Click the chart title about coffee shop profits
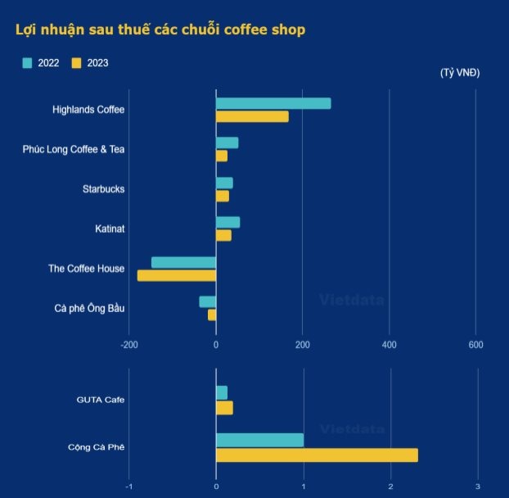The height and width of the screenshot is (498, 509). tap(160, 30)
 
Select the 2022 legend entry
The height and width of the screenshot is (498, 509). tap(41, 63)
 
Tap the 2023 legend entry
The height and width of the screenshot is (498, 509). tap(90, 63)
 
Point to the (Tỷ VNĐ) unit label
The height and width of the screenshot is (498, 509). tap(460, 73)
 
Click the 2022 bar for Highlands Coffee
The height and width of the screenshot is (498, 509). tap(273, 103)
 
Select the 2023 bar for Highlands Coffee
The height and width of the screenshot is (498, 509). tap(252, 116)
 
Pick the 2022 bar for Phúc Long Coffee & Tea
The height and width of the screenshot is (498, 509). tap(227, 143)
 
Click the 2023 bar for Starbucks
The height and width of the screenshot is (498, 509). tap(222, 196)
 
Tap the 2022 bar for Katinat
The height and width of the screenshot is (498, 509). tap(227, 222)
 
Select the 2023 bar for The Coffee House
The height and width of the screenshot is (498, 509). tap(177, 275)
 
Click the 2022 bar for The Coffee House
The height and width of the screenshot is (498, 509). tap(183, 262)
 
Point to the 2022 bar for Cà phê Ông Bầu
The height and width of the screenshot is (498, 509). tap(207, 301)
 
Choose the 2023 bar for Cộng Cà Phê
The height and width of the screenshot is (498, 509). tap(317, 455)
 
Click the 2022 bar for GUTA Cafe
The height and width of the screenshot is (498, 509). tap(222, 392)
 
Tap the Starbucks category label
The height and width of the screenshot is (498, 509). tap(104, 189)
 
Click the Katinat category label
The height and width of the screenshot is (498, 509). tap(110, 229)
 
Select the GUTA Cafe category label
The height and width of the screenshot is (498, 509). tap(101, 400)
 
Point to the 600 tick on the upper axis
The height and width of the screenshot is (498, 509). tap(475, 345)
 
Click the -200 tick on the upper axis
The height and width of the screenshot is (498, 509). tap(128, 345)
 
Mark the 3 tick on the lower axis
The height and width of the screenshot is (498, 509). tap(478, 487)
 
